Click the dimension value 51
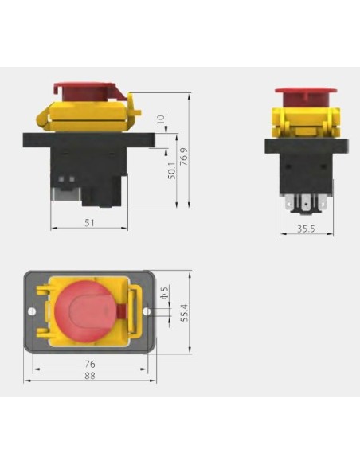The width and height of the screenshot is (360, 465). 89,222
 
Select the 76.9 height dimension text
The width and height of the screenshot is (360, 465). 183,156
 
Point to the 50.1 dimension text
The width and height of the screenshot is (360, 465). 171,171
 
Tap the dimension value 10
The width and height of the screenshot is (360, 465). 162,120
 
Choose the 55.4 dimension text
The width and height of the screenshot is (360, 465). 184,312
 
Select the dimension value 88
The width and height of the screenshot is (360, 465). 89,377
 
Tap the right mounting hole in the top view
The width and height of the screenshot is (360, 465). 147,312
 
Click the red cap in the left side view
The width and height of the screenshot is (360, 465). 86,90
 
